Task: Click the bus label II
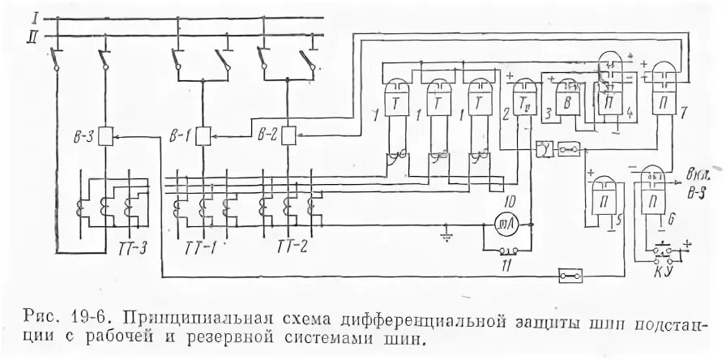pos(33,34)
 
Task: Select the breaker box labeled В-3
pos(105,137)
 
